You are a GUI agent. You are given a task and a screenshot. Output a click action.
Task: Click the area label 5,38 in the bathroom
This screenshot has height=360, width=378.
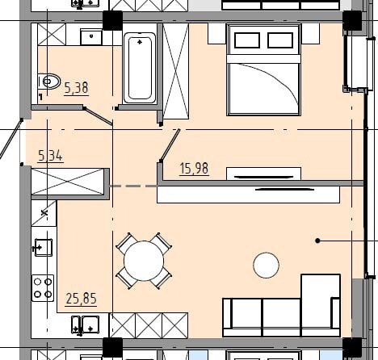[77, 88]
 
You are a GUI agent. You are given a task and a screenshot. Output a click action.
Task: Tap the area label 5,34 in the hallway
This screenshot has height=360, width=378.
[50, 156]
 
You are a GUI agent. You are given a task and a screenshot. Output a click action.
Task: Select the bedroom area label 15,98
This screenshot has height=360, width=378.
[194, 169]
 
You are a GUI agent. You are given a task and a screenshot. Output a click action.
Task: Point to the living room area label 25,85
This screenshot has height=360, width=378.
[81, 299]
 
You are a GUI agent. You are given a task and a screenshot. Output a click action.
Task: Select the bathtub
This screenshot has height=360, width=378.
[140, 68]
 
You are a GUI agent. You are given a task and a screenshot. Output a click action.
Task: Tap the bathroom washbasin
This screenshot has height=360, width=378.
[91, 37]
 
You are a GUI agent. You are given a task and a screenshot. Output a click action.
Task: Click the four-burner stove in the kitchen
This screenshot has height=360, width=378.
[43, 288]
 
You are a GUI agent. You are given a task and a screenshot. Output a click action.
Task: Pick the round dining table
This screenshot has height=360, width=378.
[144, 261]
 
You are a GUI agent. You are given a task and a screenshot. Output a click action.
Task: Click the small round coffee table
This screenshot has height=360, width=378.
[266, 265]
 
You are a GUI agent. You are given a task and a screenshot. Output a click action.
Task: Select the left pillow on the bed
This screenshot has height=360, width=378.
[247, 40]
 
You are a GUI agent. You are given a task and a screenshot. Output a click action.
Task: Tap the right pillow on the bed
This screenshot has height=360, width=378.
[280, 40]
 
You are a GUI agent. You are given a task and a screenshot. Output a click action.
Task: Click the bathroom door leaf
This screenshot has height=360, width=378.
[99, 117]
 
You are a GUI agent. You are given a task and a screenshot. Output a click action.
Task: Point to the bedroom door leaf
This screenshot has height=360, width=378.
[170, 145]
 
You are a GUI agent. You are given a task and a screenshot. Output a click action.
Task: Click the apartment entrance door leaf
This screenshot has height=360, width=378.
[10, 139]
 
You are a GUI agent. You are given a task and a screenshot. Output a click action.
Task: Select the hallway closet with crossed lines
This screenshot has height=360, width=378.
[68, 182]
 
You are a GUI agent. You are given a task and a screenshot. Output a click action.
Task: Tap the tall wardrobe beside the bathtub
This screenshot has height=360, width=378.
[176, 71]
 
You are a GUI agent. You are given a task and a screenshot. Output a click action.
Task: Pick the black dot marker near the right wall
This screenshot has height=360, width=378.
[317, 241]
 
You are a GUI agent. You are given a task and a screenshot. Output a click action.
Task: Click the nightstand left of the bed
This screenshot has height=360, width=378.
[216, 34]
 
